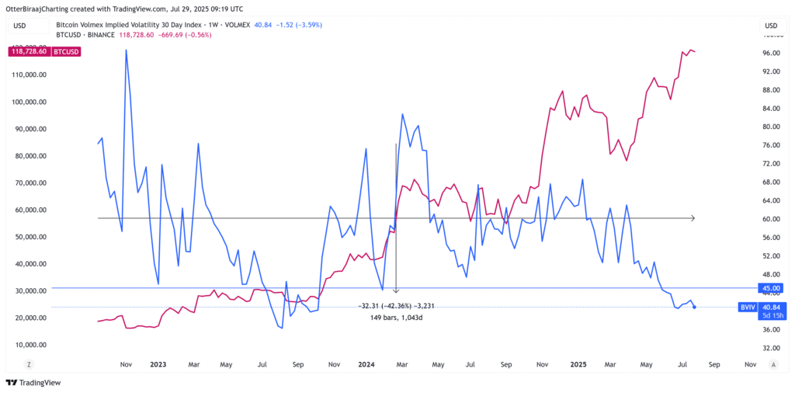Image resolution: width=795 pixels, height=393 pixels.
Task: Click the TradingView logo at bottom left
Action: (33, 382)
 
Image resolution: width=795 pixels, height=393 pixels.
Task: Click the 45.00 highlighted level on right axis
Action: (770, 288)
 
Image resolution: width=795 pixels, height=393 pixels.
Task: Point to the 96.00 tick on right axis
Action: (770, 53)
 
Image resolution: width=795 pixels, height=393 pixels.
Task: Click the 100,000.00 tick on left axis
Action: (31, 102)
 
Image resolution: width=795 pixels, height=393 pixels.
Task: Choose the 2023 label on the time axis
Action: (158, 363)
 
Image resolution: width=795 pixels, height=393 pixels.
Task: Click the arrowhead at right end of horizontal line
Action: (692, 219)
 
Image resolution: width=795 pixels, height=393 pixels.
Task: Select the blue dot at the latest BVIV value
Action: (694, 307)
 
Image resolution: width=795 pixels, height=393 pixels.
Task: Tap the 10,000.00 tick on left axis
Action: (31, 345)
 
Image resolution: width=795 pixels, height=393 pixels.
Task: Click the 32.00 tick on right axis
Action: (770, 348)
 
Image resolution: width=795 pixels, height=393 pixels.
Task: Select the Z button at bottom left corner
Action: (28, 363)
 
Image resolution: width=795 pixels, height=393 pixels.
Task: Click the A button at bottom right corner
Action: (773, 363)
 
